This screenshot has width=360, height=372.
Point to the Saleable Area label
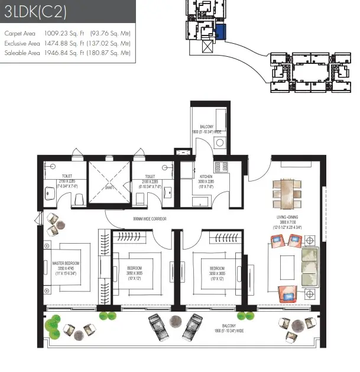[x=21, y=53]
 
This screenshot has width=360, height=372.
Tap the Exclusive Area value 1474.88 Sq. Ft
[x=64, y=43]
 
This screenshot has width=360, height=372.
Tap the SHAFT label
[x=109, y=188]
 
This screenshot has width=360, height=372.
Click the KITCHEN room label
[x=207, y=176]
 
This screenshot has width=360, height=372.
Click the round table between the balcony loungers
[x=176, y=321]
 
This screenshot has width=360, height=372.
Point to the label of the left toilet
[x=67, y=176]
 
